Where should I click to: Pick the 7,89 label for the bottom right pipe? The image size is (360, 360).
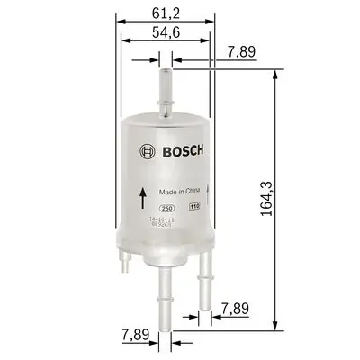pos(233,309)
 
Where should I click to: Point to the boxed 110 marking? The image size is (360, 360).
pos(193,208)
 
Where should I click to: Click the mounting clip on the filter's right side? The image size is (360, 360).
pos(209,189)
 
